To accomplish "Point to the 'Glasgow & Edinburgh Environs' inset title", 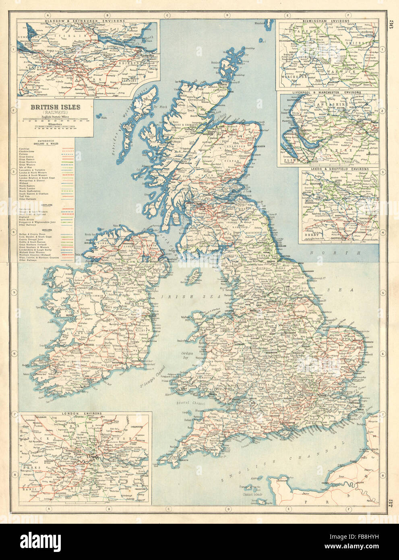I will click(x=91, y=20).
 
